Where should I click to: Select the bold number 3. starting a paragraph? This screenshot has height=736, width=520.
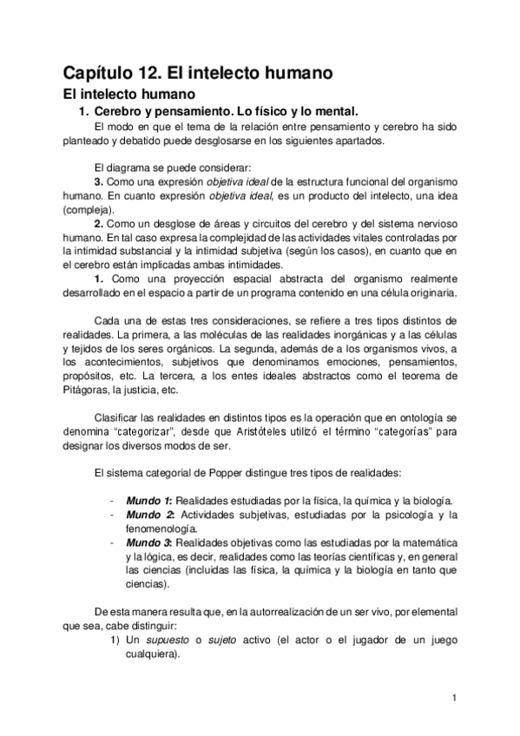(x=99, y=181)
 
